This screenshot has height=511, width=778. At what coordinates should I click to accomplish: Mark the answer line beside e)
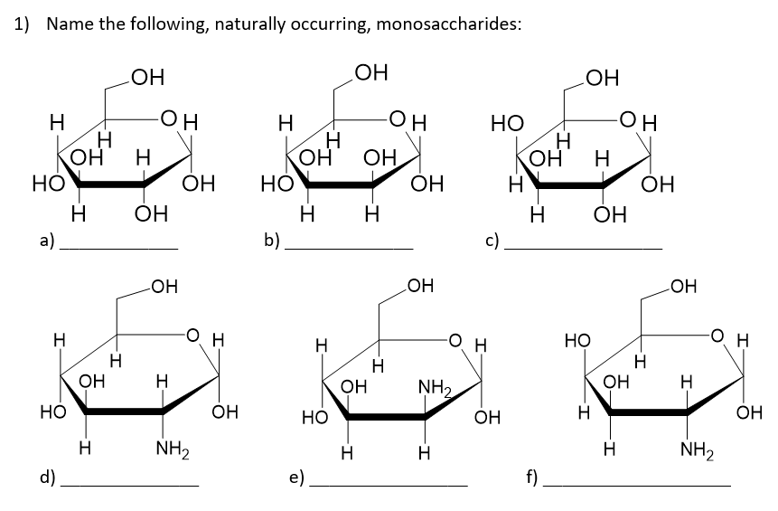pyautogui.click(x=389, y=487)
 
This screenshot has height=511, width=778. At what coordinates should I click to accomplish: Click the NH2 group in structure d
pyautogui.click(x=171, y=448)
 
